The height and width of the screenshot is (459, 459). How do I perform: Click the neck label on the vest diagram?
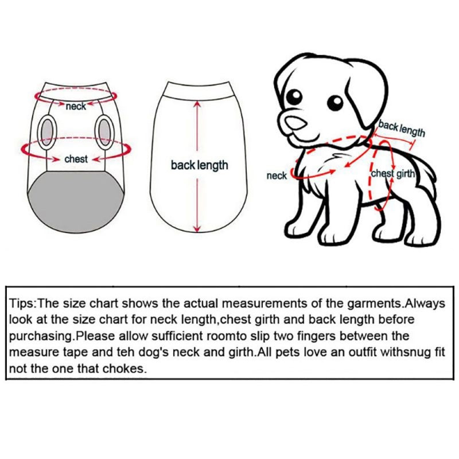click(76, 106)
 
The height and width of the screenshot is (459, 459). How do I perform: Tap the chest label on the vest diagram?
click(76, 159)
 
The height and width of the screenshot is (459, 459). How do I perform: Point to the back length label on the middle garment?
click(199, 165)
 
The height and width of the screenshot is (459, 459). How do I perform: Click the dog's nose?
click(295, 122)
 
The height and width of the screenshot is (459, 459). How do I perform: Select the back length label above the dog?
click(401, 129)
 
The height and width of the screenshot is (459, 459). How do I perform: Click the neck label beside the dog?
click(277, 176)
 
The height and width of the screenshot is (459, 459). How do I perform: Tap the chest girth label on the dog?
click(393, 174)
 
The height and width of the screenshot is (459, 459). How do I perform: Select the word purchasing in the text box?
click(40, 336)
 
